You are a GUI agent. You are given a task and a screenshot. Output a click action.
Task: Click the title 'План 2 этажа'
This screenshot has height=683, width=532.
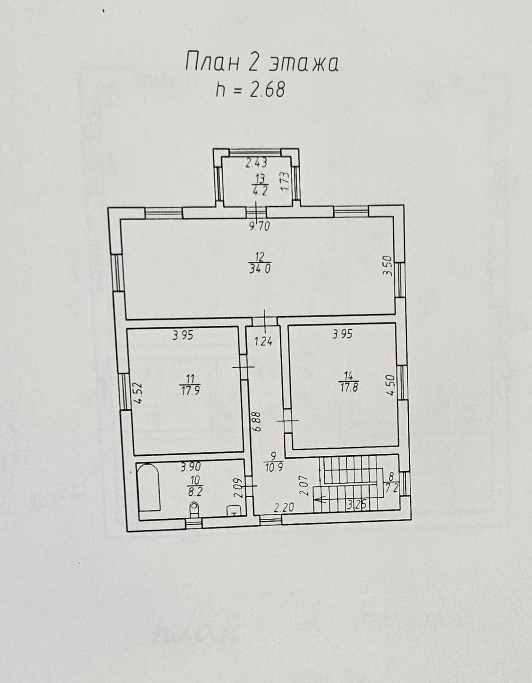[262, 64]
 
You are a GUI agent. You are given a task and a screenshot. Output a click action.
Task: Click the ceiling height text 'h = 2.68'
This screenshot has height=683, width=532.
[250, 90]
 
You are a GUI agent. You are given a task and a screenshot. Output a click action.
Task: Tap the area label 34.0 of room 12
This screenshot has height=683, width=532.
[260, 269]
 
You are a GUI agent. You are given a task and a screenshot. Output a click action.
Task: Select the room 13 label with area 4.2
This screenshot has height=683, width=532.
[260, 185]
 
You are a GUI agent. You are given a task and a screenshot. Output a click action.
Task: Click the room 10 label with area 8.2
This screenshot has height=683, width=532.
[195, 486]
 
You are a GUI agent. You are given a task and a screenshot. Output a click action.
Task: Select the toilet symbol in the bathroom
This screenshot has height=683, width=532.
[194, 509]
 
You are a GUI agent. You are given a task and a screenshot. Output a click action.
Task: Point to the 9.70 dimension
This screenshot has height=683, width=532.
[260, 226]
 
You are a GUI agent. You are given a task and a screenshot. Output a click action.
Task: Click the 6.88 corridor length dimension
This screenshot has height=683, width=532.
[258, 422]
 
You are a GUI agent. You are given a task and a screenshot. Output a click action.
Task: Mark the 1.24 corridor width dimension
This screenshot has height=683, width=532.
[263, 341]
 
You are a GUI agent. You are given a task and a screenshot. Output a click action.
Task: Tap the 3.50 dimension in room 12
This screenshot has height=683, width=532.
[389, 266]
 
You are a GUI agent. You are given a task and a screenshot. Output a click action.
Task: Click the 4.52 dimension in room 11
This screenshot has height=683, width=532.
[138, 393]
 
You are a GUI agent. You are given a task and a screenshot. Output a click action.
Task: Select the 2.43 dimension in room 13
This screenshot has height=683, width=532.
[256, 163]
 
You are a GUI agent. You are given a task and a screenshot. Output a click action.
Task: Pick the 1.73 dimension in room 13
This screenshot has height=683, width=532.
[285, 181]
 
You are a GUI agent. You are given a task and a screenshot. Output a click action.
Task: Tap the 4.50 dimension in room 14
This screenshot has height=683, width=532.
[391, 389]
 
